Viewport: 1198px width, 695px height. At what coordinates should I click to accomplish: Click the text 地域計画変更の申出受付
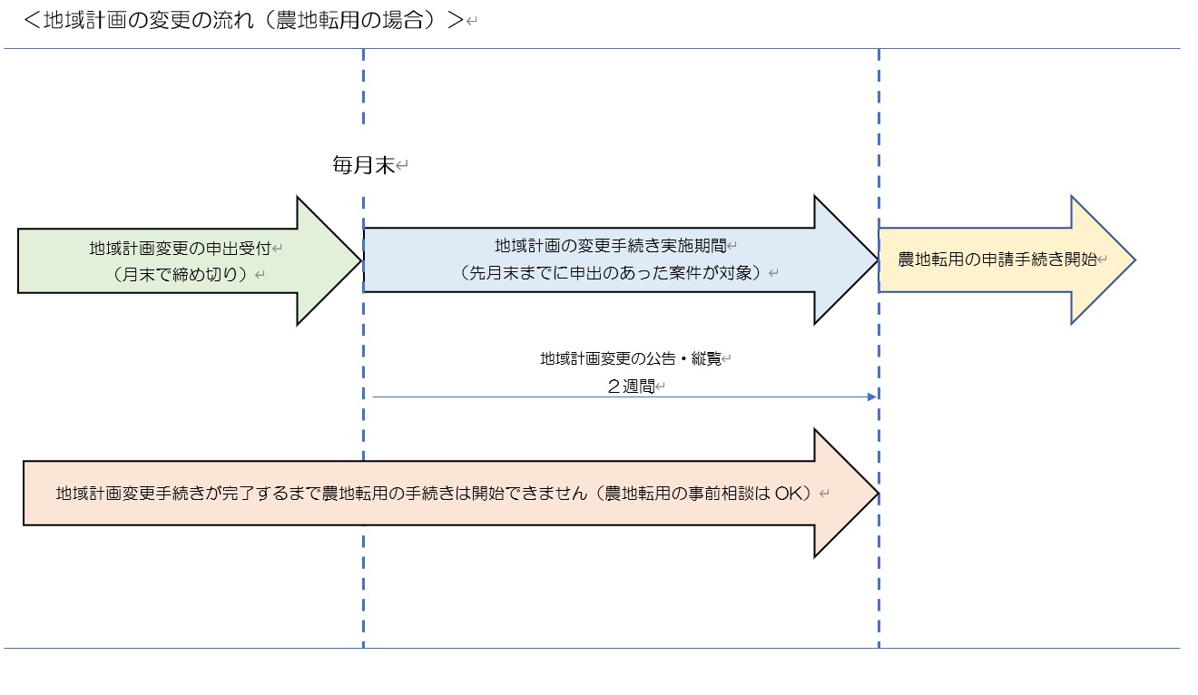pyautogui.click(x=181, y=248)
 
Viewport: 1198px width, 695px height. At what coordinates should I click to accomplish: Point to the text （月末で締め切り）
pyautogui.click(x=181, y=273)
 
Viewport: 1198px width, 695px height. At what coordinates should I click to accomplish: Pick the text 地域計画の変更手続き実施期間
pyautogui.click(x=610, y=245)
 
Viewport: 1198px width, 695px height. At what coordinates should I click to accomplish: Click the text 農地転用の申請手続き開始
pyautogui.click(x=997, y=259)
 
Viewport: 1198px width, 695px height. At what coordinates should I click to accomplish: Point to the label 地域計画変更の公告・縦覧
pyautogui.click(x=631, y=358)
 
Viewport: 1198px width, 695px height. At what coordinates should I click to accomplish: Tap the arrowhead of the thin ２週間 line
pyautogui.click(x=872, y=396)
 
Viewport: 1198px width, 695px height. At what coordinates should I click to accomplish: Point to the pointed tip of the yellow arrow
pyautogui.click(x=1134, y=259)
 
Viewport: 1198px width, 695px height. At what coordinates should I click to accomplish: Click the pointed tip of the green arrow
pyautogui.click(x=360, y=260)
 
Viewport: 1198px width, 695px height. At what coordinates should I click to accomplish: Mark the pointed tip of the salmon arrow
pyautogui.click(x=877, y=494)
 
